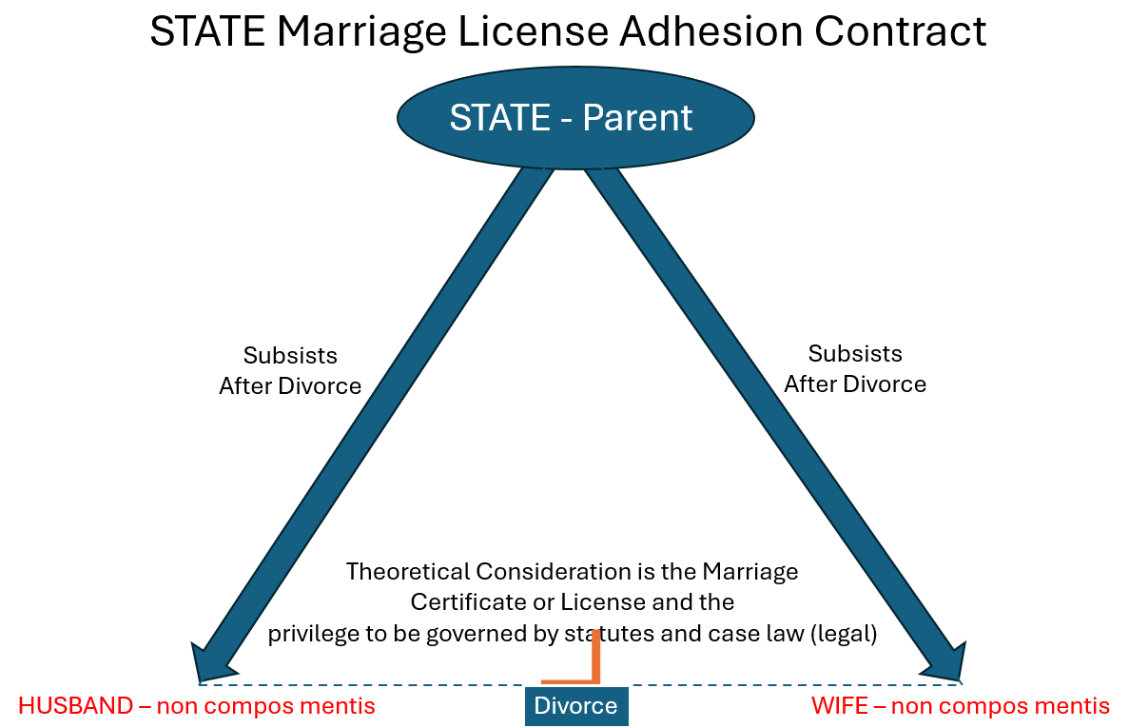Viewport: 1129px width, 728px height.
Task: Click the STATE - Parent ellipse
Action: coord(574,117)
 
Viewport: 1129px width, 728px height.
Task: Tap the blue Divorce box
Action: coord(575,706)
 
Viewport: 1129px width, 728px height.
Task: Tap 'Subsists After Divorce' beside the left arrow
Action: coord(290,370)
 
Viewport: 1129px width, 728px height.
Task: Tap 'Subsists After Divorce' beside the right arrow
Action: coord(855,368)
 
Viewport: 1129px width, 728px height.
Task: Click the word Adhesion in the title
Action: coord(718,32)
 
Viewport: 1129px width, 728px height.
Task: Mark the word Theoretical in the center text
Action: coord(408,572)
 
